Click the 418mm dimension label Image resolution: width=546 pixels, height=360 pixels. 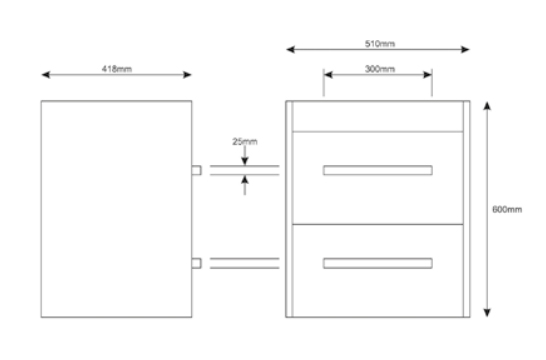[117, 69]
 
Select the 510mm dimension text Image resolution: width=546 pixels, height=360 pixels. [380, 44]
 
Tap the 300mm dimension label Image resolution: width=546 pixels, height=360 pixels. [380, 69]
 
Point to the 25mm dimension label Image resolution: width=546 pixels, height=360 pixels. [245, 141]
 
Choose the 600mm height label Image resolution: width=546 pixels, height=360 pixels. [507, 209]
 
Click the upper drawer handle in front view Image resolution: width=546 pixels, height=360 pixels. [378, 170]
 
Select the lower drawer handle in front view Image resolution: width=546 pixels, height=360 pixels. [378, 263]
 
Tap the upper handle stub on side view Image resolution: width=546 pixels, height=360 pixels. [196, 170]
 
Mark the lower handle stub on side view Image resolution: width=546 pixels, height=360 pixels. [196, 263]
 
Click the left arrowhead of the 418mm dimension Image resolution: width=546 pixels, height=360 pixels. [46, 75]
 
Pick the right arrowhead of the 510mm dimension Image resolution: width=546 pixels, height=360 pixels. [466, 49]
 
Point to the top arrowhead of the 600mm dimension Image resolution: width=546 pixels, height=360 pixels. [487, 106]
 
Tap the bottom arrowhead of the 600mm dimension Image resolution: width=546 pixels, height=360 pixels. [487, 313]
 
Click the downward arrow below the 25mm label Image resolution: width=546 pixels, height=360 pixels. [245, 155]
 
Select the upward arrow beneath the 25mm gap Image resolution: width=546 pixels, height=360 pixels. [245, 185]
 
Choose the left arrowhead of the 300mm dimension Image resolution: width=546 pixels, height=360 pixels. [328, 75]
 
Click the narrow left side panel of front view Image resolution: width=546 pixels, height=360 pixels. [289, 209]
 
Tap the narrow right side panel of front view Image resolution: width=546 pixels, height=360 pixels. [467, 209]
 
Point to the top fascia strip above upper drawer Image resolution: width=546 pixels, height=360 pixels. [378, 117]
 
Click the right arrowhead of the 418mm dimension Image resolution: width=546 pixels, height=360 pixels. [187, 75]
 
